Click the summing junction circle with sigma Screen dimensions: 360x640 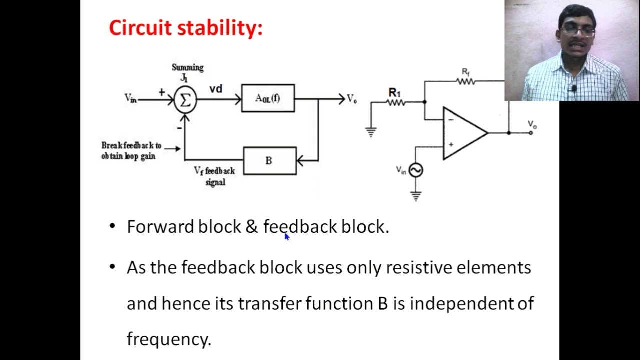pos(185,100)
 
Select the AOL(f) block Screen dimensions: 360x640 pos(268,98)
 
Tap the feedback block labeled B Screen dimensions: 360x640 pos(269,160)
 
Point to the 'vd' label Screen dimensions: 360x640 pos(216,89)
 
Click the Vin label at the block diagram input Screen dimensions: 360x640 pos(130,98)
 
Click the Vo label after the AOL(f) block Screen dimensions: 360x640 pos(352,99)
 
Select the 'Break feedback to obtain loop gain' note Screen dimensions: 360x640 pos(131,151)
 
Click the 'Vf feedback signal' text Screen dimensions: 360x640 pos(215,176)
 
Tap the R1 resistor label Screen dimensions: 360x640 pos(395,92)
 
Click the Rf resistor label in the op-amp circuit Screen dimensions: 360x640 pos(466,72)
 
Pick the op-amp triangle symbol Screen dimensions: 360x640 pos(463,133)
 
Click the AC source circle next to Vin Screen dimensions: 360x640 pos(416,170)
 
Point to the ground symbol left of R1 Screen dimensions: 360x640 pos(371,132)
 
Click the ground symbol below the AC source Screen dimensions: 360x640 pos(416,196)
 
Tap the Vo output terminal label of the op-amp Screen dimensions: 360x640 pos(532,124)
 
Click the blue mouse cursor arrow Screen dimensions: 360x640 pos(287,237)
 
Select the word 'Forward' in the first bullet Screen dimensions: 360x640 pos(160,227)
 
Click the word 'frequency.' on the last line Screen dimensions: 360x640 pos(169,339)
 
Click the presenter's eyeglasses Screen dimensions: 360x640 pos(577,31)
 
